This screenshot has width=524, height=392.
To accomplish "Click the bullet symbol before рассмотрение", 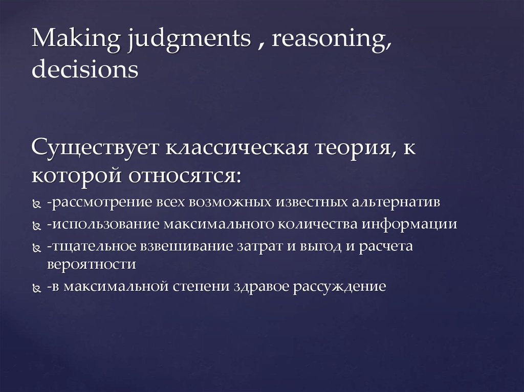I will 37,203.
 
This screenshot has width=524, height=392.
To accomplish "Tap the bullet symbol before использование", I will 37,225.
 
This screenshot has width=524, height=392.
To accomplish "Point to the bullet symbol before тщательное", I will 37,248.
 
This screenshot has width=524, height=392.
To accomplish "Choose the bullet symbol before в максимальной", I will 37,288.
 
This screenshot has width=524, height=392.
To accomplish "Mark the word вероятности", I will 91,265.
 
